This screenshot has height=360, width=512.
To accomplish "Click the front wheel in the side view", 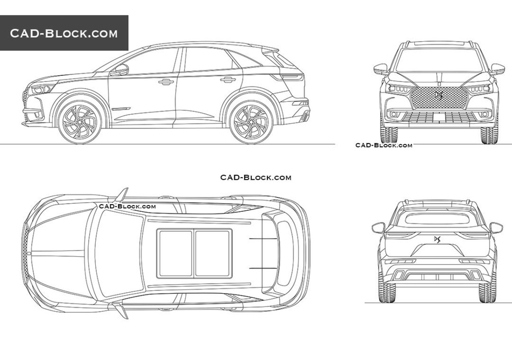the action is click(x=79, y=122).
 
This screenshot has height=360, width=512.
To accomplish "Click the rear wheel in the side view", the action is click(x=251, y=122).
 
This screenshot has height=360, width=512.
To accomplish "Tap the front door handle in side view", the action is click(x=166, y=82).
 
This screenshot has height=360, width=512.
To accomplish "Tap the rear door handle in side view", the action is click(x=228, y=79).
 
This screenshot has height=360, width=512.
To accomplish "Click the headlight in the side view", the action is click(x=42, y=89).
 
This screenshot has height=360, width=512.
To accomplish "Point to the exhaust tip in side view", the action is click(x=306, y=116).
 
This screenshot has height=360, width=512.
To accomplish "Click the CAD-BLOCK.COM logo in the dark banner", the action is click(x=64, y=33).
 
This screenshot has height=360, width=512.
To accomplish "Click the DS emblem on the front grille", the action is click(x=438, y=95).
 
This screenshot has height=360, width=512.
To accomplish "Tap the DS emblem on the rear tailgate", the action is click(x=437, y=239).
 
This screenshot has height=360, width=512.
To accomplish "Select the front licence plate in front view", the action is click(x=440, y=117).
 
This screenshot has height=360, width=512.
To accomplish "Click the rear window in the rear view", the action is click(x=437, y=218).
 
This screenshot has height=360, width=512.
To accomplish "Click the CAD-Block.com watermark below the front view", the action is click(x=384, y=145).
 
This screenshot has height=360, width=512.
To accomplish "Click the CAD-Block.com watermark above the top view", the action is click(x=256, y=177).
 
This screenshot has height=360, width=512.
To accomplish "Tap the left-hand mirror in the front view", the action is click(x=381, y=69).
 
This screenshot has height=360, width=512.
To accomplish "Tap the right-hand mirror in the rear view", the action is click(x=496, y=228).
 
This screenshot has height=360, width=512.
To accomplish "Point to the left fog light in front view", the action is click(x=393, y=114).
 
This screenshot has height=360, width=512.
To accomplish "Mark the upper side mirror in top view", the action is click(x=122, y=195).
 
